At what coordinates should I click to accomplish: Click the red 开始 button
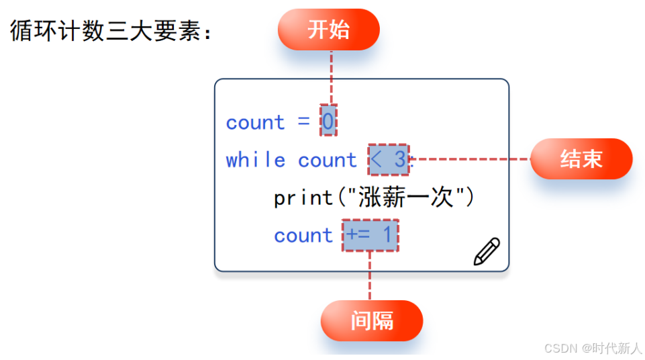328,30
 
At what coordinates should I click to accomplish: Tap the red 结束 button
581,159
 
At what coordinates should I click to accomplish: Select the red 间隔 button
371,320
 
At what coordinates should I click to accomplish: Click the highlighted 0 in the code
328,122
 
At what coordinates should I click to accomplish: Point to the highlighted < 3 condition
389,160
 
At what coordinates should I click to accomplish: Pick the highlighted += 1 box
370,235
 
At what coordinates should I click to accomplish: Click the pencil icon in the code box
487,251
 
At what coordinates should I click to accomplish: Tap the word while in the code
255,160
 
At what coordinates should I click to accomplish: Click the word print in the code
303,197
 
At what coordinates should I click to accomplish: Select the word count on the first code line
255,122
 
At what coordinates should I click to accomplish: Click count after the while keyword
327,160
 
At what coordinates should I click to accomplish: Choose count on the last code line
303,235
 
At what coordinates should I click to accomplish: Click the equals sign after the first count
303,122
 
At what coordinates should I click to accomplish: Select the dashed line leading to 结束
470,159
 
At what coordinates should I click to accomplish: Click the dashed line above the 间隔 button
370,275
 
